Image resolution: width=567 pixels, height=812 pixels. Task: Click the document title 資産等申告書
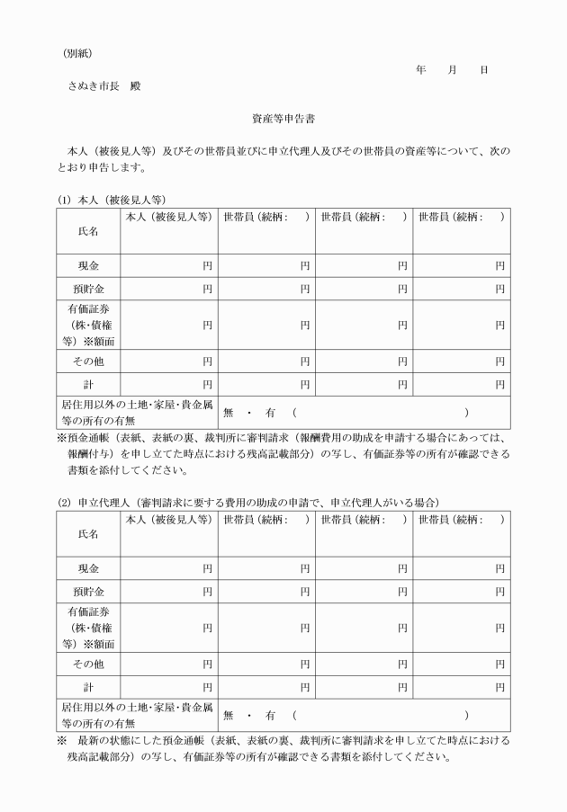coord(283,118)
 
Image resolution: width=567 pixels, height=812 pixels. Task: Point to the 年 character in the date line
coord(421,70)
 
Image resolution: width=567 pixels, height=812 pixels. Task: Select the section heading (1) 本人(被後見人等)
coord(112,200)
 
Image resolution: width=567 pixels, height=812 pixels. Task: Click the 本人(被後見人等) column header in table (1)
coord(167,217)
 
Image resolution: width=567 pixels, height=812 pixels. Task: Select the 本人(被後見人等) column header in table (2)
coord(167,519)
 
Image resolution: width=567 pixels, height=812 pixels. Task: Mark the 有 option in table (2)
coord(268,715)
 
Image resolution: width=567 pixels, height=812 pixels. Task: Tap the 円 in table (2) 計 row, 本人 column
coord(207,687)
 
